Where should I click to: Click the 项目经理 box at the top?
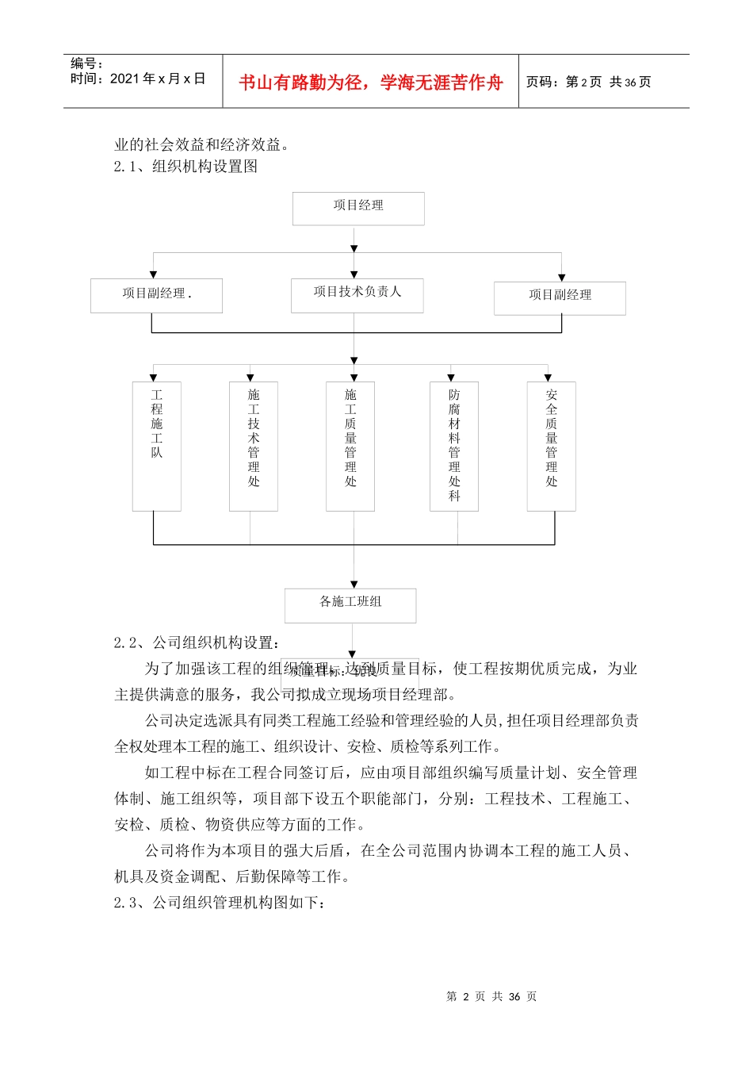coord(358,208)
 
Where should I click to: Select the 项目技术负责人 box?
coord(357,294)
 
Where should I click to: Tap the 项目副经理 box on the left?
coord(156,295)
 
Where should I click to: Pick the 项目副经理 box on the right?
coord(560,297)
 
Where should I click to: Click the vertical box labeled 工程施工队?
coord(157,446)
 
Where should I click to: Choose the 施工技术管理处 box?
coord(254,446)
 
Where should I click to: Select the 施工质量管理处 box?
coord(350,446)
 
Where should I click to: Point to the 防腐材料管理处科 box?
coord(454,446)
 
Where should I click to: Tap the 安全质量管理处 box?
coord(552,446)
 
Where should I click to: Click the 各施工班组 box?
coord(350,604)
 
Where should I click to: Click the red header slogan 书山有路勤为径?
coord(371,82)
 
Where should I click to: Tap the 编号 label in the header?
coord(86,63)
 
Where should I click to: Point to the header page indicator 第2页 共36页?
coord(589,82)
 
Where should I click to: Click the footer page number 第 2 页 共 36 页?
coord(491,996)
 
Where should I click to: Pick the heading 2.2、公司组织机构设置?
coord(197,642)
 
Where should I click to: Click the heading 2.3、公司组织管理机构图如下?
coord(220,903)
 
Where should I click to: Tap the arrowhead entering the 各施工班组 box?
coord(354,585)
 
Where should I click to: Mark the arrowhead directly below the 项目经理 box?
coord(354,249)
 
